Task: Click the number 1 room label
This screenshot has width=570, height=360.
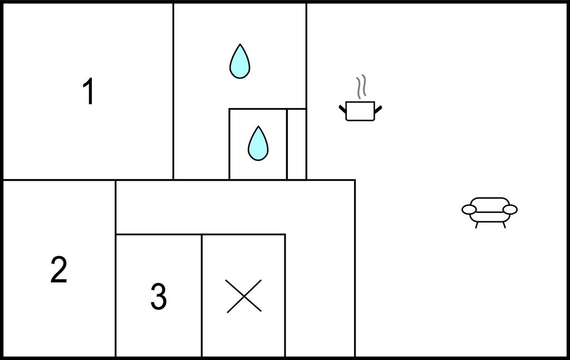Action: [89, 91]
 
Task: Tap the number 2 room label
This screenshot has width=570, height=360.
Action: [59, 269]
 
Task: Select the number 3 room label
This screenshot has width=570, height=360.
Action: [159, 296]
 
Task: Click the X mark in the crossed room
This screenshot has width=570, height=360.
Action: [244, 295]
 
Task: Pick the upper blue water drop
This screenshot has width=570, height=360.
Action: [239, 61]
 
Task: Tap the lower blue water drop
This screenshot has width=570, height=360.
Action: [258, 144]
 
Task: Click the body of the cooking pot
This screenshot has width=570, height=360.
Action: [360, 111]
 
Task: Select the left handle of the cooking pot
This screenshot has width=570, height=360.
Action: [342, 109]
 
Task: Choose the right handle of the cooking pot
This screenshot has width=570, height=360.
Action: [378, 109]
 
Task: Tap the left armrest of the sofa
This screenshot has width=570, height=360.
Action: [469, 210]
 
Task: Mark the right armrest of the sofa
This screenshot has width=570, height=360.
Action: [510, 210]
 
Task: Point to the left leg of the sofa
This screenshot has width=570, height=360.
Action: [476, 225]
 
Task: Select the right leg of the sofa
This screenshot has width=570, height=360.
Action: [504, 225]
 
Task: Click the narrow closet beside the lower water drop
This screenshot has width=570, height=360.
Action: [297, 144]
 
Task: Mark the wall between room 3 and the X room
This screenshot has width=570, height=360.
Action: [202, 295]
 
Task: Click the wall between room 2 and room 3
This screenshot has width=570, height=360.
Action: [116, 269]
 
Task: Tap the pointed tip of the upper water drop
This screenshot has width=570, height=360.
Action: [239, 44]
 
